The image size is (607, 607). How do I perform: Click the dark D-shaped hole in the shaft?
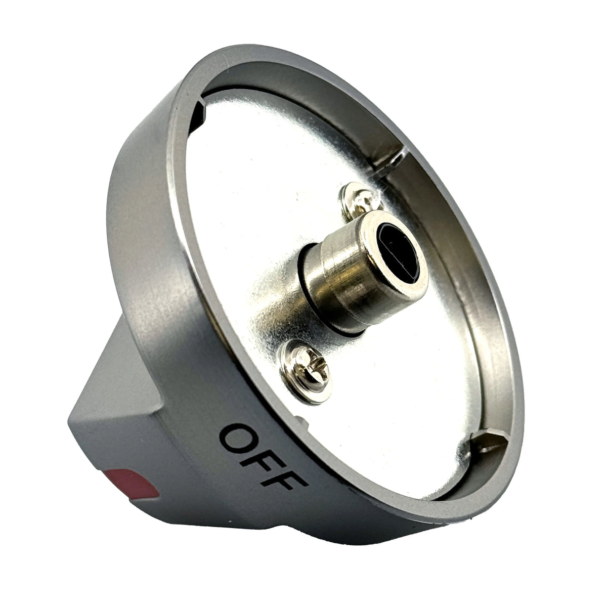coord(398,252)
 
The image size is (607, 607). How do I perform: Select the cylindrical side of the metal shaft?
coord(340,277)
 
